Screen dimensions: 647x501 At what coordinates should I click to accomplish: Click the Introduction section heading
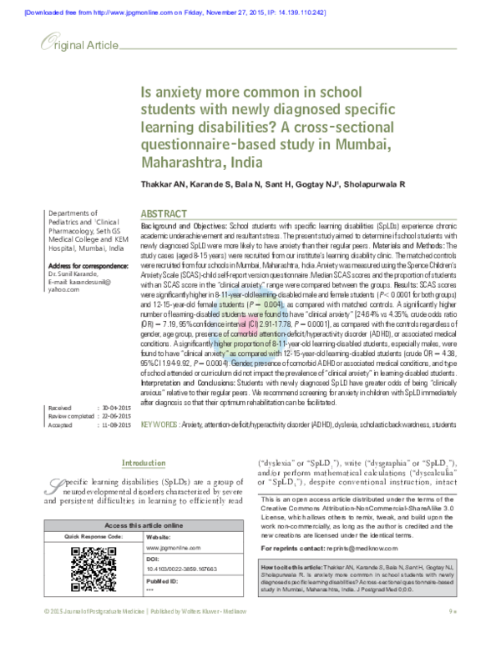[144, 464]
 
